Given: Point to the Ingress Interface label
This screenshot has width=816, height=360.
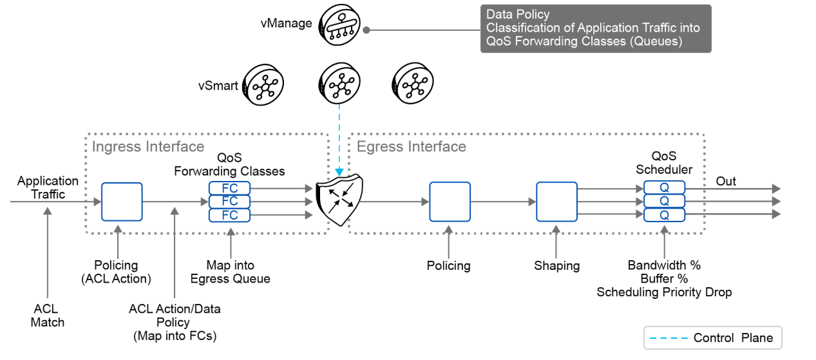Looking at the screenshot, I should (x=148, y=147).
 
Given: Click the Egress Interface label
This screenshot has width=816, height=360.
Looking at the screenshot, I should (x=411, y=147).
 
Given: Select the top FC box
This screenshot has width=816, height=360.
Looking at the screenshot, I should (x=229, y=187).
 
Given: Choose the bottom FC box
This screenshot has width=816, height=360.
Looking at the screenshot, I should (x=229, y=214).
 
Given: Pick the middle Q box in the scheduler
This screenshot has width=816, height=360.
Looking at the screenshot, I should (x=664, y=201).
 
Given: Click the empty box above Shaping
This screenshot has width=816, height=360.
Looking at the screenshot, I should (x=557, y=202).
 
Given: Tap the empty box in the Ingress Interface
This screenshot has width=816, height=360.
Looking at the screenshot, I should (x=122, y=202).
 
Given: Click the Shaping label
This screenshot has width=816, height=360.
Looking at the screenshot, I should (x=557, y=265).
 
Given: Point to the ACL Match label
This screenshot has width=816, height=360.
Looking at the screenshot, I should (x=48, y=316).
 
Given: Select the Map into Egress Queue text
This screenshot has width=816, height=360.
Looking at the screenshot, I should (x=230, y=272).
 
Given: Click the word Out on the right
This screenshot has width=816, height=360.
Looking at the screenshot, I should (x=726, y=181).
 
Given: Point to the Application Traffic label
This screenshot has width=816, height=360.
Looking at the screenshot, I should (x=48, y=187).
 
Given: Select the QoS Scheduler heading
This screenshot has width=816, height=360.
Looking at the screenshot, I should (x=664, y=164).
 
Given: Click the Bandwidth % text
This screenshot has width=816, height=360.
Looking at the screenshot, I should (x=664, y=265).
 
